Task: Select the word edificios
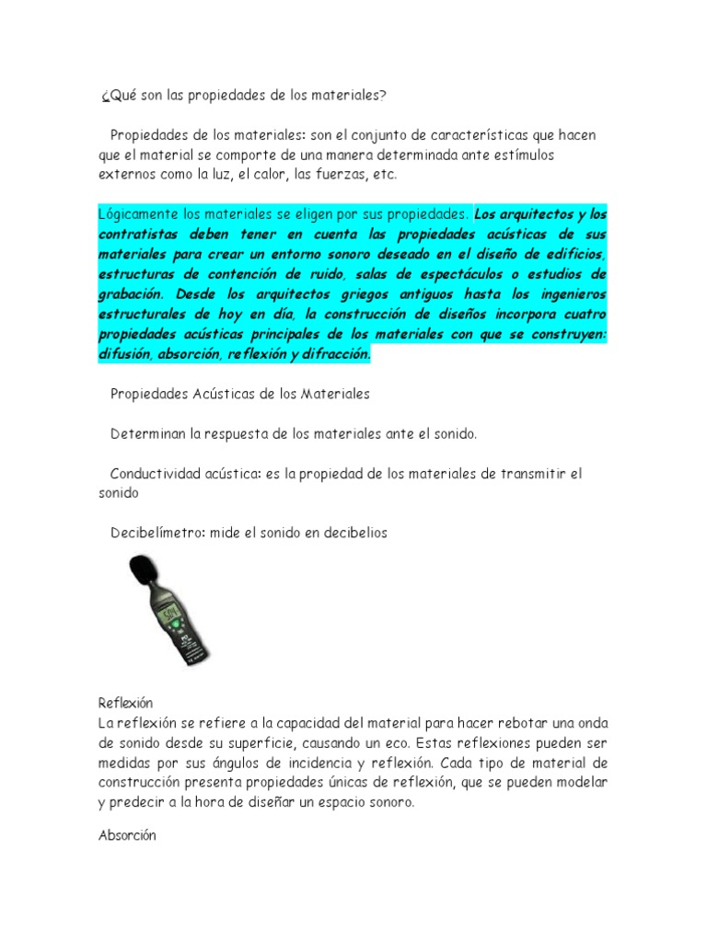pos(573,253)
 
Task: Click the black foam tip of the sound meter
pos(142,572)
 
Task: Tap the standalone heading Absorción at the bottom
pos(127,835)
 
